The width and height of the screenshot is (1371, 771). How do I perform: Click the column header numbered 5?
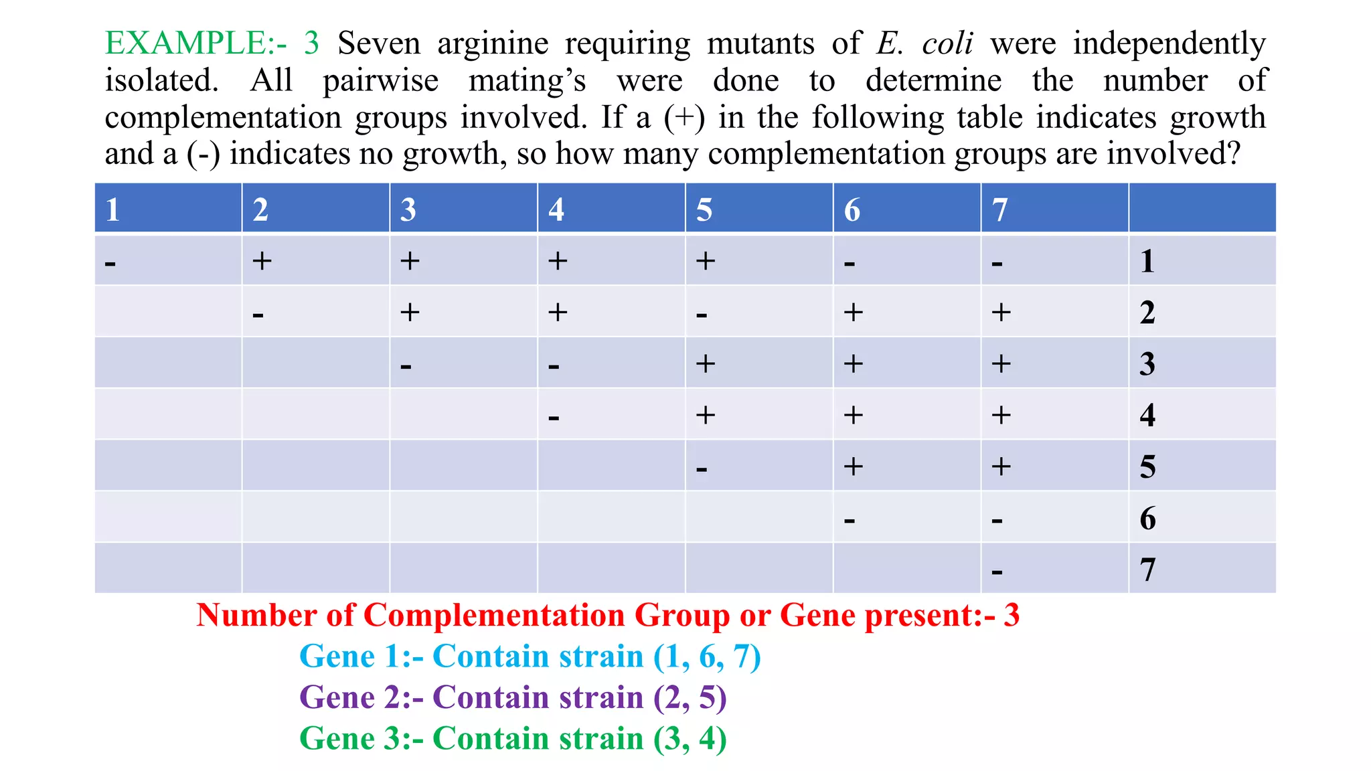pyautogui.click(x=704, y=209)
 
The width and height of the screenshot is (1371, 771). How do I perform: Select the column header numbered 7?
pyautogui.click(x=999, y=209)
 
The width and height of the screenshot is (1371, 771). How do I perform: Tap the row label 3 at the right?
pyautogui.click(x=1147, y=364)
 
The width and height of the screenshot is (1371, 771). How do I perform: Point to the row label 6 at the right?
pyautogui.click(x=1147, y=519)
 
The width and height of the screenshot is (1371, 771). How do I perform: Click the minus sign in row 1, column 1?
pyautogui.click(x=110, y=263)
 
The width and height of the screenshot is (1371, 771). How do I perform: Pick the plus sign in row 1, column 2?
pyautogui.click(x=262, y=260)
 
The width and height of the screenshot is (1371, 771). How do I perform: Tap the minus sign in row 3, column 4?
pyautogui.click(x=554, y=366)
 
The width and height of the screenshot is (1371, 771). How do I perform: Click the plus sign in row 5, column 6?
pyautogui.click(x=853, y=466)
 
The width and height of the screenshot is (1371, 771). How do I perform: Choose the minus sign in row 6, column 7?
pyautogui.click(x=997, y=520)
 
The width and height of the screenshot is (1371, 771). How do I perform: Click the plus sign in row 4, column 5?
pyautogui.click(x=705, y=415)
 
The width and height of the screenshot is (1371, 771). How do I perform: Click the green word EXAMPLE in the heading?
pyautogui.click(x=186, y=44)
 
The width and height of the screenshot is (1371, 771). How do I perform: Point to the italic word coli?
pyautogui.click(x=947, y=44)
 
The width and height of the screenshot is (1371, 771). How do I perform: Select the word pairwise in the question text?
pyautogui.click(x=380, y=81)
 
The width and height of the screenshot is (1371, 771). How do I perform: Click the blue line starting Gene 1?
pyautogui.click(x=530, y=657)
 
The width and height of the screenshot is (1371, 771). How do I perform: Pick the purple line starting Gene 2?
pyautogui.click(x=513, y=697)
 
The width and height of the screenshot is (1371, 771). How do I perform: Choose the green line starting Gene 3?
pyautogui.click(x=513, y=739)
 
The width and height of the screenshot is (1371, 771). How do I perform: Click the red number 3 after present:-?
pyautogui.click(x=1011, y=615)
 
